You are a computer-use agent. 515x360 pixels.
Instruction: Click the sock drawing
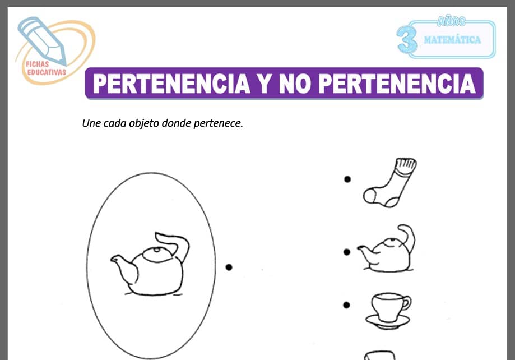389,183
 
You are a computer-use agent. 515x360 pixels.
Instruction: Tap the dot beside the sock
347,179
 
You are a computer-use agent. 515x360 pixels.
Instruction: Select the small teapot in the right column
387,249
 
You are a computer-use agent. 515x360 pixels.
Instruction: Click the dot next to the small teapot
346,252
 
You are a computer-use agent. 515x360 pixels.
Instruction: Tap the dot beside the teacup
346,305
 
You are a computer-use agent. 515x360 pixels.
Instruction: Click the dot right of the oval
229,267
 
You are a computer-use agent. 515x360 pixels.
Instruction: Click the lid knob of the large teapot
157,250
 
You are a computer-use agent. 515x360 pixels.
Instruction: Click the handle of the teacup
407,303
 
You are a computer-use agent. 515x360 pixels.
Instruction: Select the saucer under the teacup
388,322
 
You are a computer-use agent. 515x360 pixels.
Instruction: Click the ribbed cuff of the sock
406,165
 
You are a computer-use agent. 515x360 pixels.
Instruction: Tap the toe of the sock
369,196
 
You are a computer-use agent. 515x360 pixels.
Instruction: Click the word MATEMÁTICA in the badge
452,40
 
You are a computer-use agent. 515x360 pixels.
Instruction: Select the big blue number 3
407,40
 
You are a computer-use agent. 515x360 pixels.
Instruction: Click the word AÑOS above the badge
451,21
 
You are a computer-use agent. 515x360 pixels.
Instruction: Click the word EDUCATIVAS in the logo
47,72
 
